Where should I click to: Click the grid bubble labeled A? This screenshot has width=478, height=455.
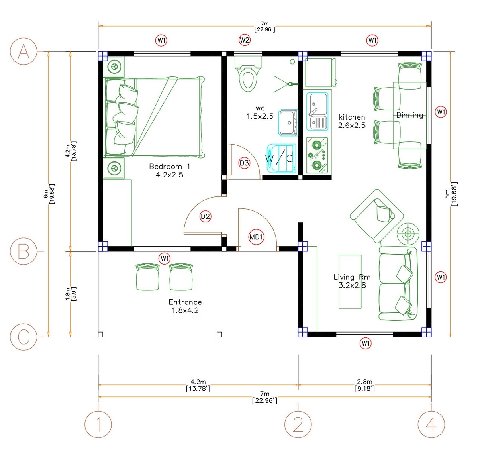24,51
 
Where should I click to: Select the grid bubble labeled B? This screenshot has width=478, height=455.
24,251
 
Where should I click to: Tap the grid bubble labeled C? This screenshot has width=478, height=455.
24,337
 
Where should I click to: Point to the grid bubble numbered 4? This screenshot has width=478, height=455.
431,425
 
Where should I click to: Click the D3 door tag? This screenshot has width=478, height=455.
244,163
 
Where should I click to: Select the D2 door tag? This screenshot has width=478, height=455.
205,216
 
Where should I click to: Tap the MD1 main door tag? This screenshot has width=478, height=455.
256,237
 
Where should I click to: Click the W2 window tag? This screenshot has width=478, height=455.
245,40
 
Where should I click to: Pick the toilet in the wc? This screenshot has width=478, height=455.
248,74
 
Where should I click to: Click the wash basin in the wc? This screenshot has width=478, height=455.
288,122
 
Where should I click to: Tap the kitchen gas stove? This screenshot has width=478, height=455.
317,155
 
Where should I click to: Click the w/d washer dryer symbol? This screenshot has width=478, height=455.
281,158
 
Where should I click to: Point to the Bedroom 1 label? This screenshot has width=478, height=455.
169,170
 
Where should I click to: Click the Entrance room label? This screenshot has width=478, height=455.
185,306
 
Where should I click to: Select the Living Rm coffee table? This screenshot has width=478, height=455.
350,282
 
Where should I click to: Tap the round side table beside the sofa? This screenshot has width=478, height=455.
407,234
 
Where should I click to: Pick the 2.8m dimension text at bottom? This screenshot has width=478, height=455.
364,385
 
